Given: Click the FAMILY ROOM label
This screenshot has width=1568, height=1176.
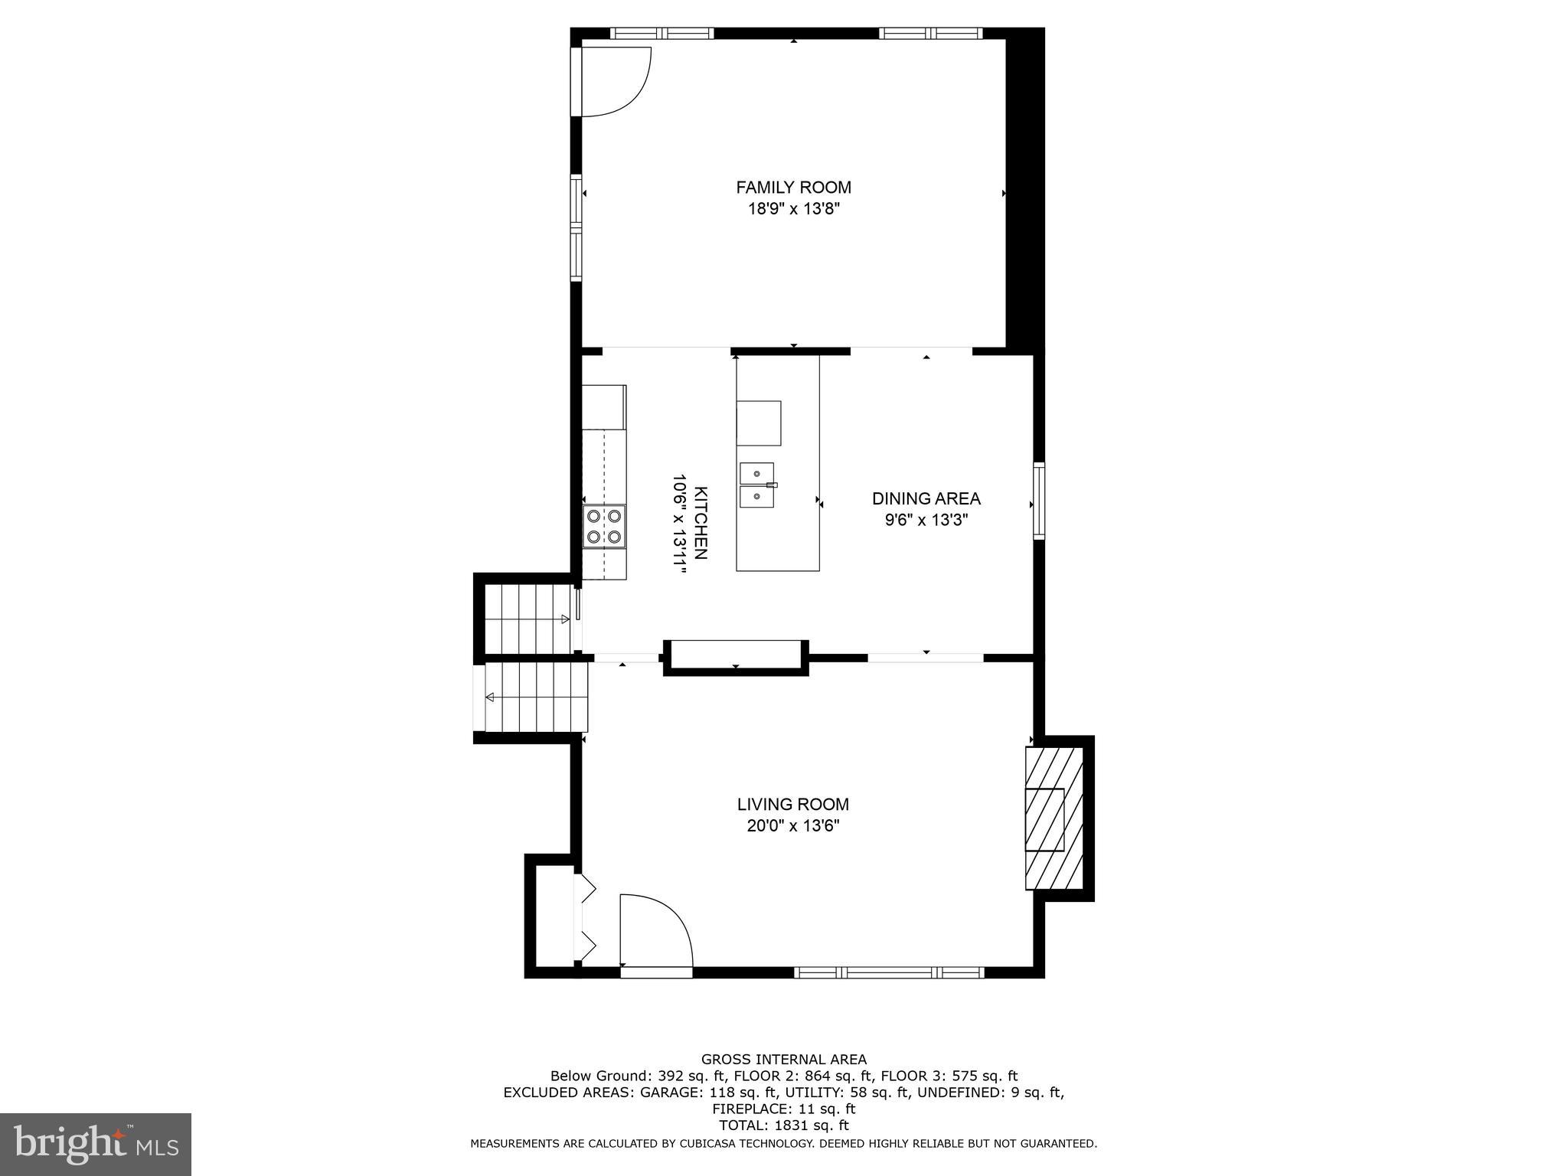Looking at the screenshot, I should pyautogui.click(x=793, y=187).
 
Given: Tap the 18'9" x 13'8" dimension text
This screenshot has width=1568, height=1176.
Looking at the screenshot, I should pyautogui.click(x=793, y=209).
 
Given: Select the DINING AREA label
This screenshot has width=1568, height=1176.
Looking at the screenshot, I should pyautogui.click(x=926, y=498).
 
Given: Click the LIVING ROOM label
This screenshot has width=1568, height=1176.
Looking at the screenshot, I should pyautogui.click(x=792, y=804).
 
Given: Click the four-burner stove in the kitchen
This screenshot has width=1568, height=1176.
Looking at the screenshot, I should pyautogui.click(x=603, y=526).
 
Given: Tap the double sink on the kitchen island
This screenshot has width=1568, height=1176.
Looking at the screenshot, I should pyautogui.click(x=756, y=485).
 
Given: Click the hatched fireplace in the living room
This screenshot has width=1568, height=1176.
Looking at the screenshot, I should pyautogui.click(x=1054, y=818).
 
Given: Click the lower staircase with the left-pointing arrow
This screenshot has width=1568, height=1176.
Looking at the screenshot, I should pyautogui.click(x=536, y=697).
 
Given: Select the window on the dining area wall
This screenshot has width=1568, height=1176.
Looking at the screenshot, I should pyautogui.click(x=1039, y=501).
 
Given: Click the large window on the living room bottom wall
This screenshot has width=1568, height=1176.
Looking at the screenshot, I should pyautogui.click(x=888, y=972).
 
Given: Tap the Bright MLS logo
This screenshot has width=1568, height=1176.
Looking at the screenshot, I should pyautogui.click(x=96, y=1144).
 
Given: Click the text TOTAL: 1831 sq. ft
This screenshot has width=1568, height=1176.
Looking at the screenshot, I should pyautogui.click(x=783, y=1125).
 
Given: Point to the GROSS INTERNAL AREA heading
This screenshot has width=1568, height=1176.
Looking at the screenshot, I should pyautogui.click(x=783, y=1060).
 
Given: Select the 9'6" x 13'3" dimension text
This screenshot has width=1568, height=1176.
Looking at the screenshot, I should pyautogui.click(x=926, y=521).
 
